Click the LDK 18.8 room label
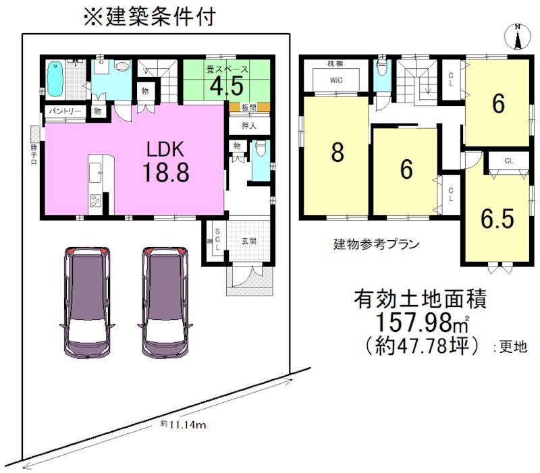[x=165, y=163]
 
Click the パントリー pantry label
[x=65, y=111]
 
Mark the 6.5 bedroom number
[x=497, y=219]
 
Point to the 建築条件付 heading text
[x=149, y=16]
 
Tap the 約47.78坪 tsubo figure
[x=425, y=346]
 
